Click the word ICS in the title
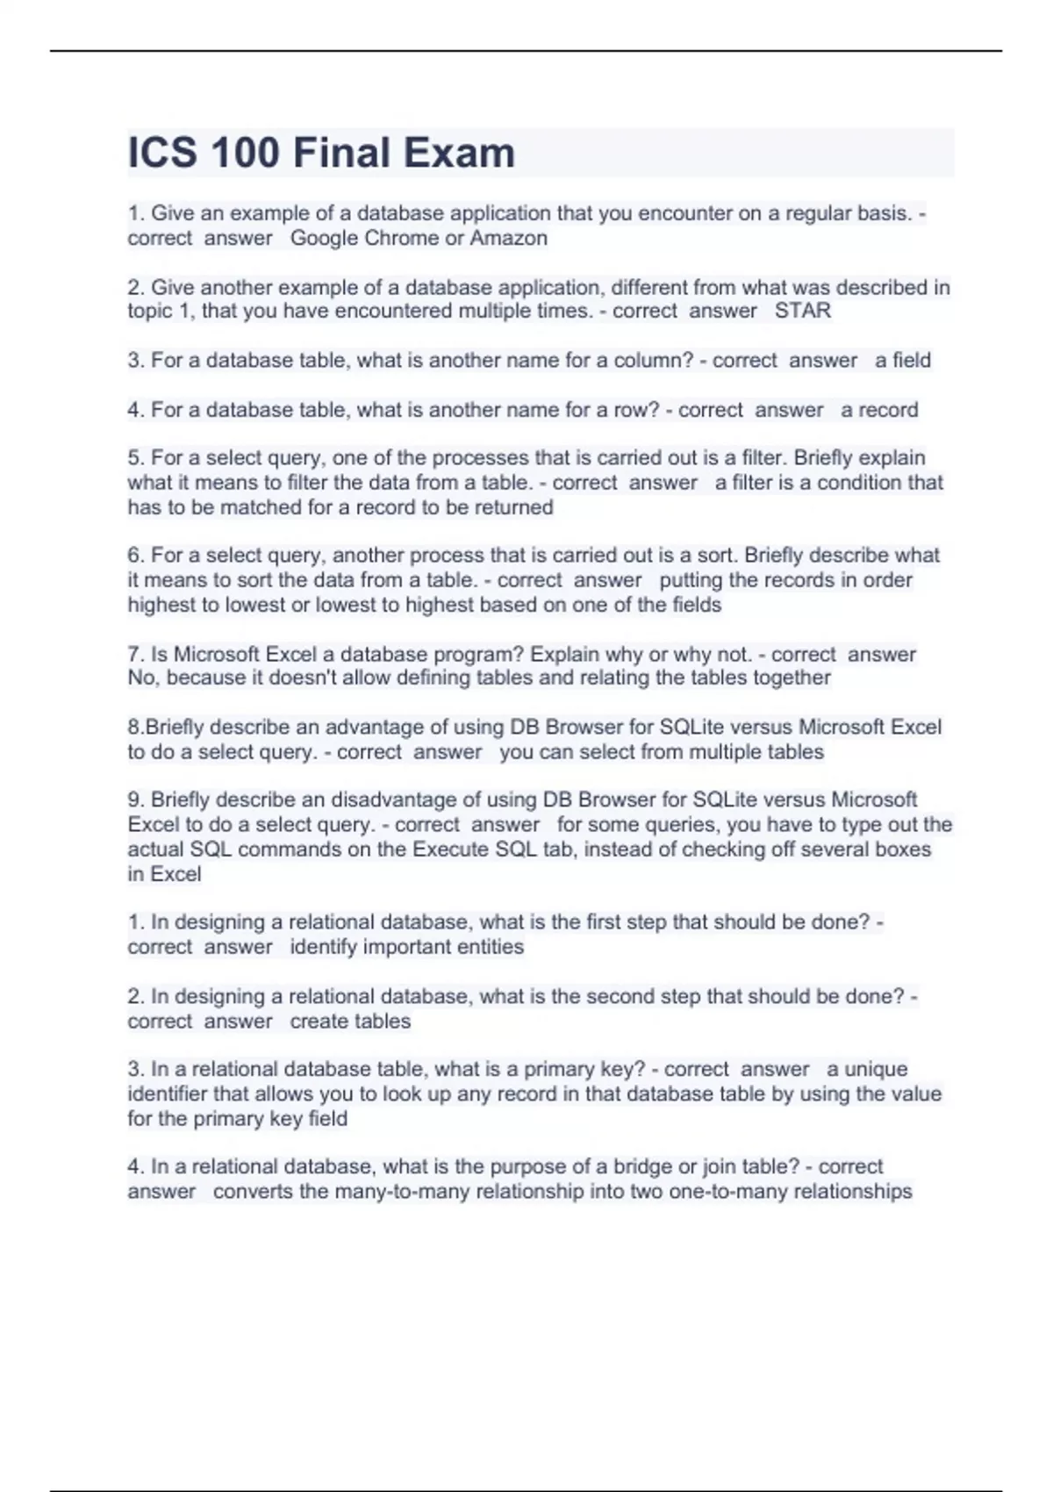(x=161, y=153)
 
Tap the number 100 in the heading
(x=245, y=153)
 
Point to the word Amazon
(x=509, y=238)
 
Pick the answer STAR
(x=802, y=311)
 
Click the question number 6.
(x=135, y=556)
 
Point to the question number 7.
(x=135, y=654)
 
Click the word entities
(x=485, y=947)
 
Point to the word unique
(x=867, y=1069)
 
